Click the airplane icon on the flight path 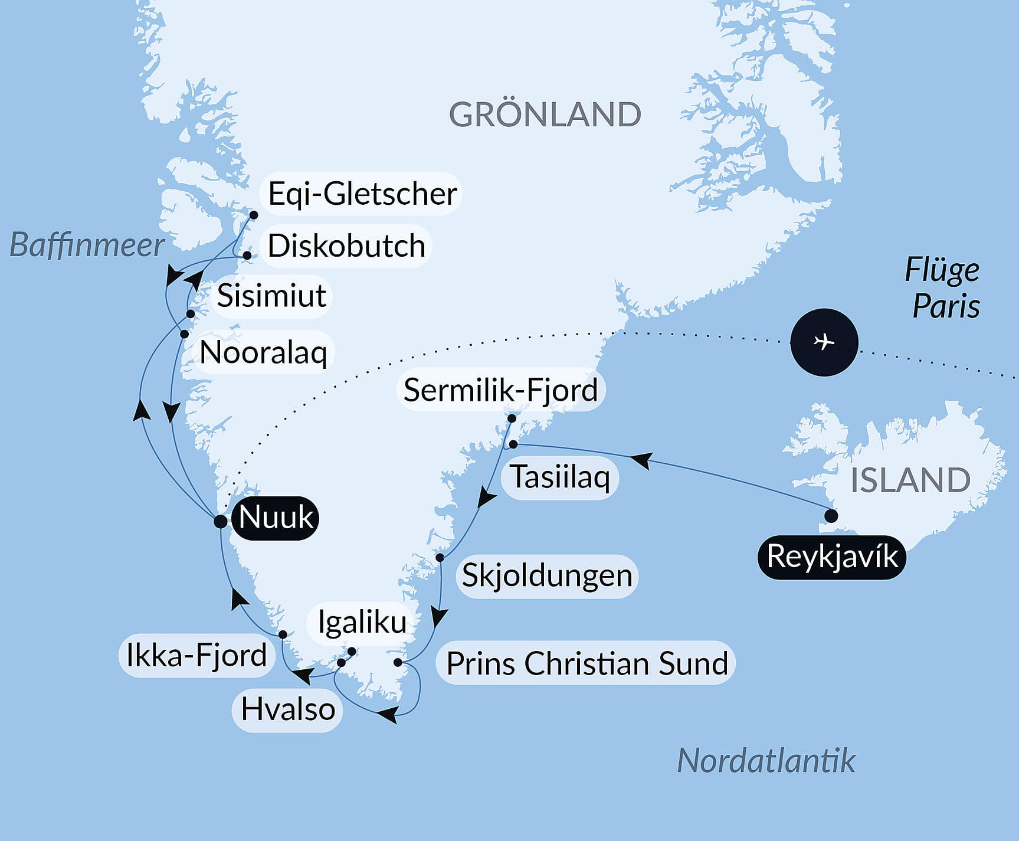[824, 342]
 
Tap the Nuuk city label [276, 518]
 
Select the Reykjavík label [832, 557]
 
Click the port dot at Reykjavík [831, 516]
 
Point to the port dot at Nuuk [220, 521]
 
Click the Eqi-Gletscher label [362, 194]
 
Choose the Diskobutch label [346, 246]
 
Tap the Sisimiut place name [271, 295]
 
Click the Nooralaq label [263, 352]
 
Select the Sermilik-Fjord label [500, 390]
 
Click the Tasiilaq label [559, 477]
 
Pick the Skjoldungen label [546, 575]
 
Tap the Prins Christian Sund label [587, 663]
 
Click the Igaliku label [362, 622]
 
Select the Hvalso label [287, 709]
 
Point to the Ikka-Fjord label [196, 655]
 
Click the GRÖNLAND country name [545, 114]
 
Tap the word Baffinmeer [87, 245]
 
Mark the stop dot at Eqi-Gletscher [254, 215]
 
